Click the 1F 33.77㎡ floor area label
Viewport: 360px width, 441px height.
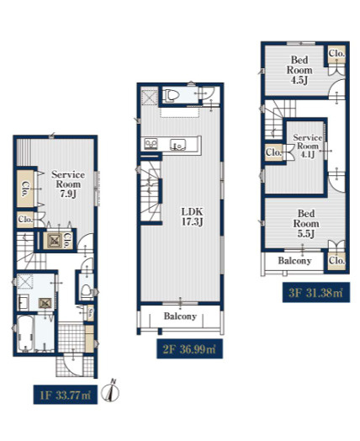pyautogui.click(x=66, y=395)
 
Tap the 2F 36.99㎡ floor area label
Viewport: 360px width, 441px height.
pyautogui.click(x=190, y=348)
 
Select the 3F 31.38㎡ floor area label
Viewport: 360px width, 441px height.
pyautogui.click(x=316, y=293)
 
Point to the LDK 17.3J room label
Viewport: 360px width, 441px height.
pyautogui.click(x=192, y=216)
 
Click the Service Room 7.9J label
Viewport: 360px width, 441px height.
pyautogui.click(x=68, y=184)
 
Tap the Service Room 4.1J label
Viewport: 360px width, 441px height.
pyautogui.click(x=308, y=146)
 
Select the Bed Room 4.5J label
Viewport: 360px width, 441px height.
pyautogui.click(x=299, y=70)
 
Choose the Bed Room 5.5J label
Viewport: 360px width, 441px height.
pyautogui.click(x=306, y=223)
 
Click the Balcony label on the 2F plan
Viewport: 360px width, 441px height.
pyautogui.click(x=180, y=316)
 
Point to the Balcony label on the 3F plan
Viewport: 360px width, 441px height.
pyautogui.click(x=294, y=261)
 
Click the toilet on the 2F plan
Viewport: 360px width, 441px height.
pyautogui.click(x=172, y=95)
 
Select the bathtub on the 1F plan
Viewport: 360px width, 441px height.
pyautogui.click(x=25, y=333)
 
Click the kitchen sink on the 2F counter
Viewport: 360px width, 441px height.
pyautogui.click(x=177, y=145)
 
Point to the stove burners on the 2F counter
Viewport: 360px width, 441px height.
pyautogui.click(x=151, y=144)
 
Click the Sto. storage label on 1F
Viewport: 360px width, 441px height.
pyautogui.click(x=90, y=312)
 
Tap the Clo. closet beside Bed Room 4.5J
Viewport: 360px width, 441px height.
pyautogui.click(x=336, y=53)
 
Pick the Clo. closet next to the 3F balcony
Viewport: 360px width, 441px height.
pyautogui.click(x=336, y=261)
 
